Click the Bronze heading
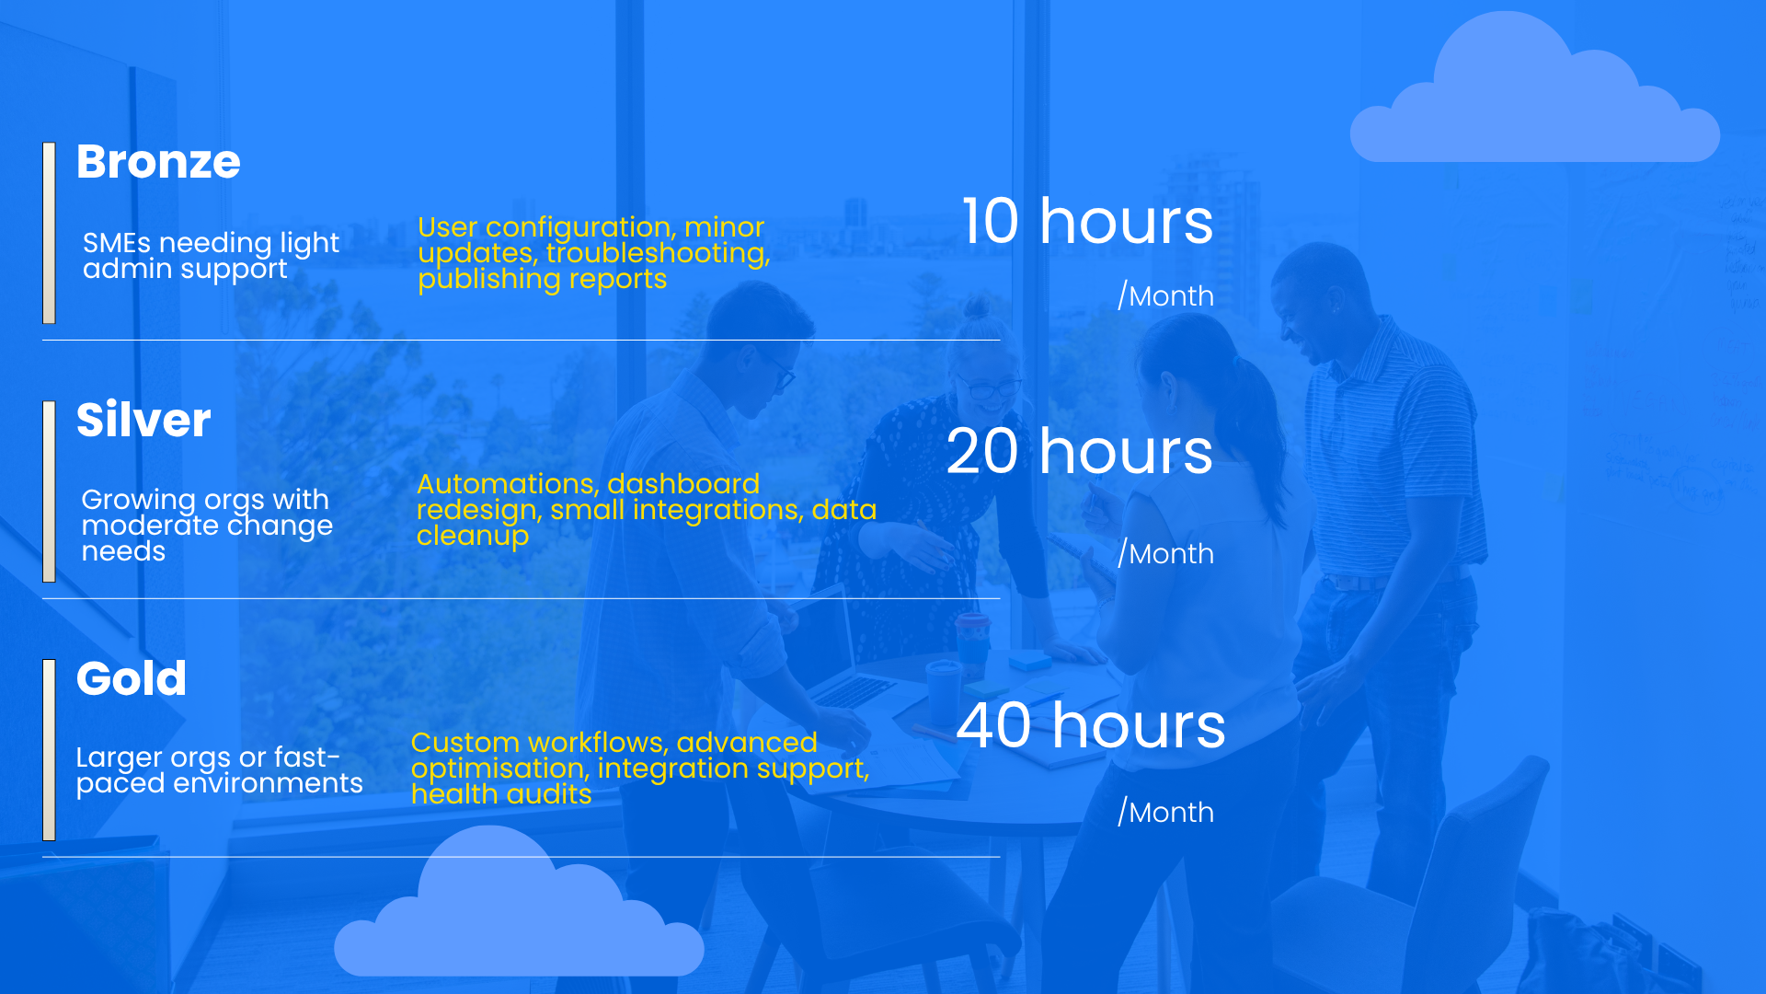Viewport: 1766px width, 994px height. click(158, 162)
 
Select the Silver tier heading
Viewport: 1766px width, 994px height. click(143, 420)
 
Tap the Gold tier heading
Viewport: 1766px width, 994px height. click(132, 678)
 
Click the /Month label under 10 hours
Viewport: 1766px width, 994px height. click(1165, 295)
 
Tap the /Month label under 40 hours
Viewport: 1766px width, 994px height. click(1165, 812)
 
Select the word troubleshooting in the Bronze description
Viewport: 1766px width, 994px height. click(658, 253)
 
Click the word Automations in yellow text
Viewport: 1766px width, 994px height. click(508, 484)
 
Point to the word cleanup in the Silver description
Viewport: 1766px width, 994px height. click(473, 537)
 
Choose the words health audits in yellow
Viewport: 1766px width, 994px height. click(501, 794)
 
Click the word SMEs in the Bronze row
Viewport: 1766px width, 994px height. click(117, 243)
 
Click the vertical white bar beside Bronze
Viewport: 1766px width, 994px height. click(49, 233)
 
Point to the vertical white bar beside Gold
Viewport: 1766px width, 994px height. click(49, 750)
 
